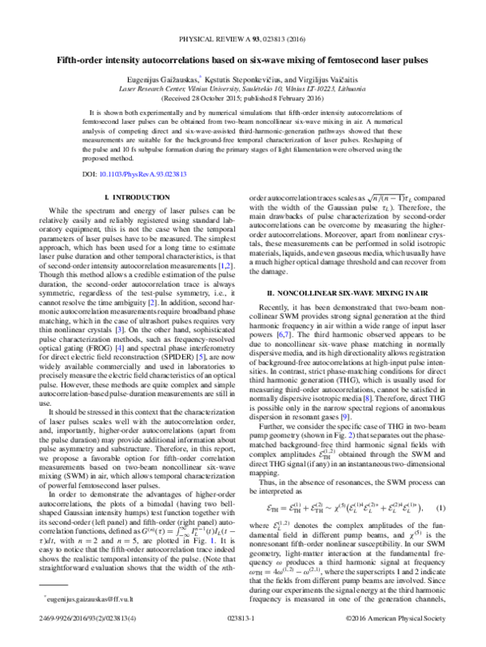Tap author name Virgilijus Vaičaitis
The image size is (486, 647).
(327, 81)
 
